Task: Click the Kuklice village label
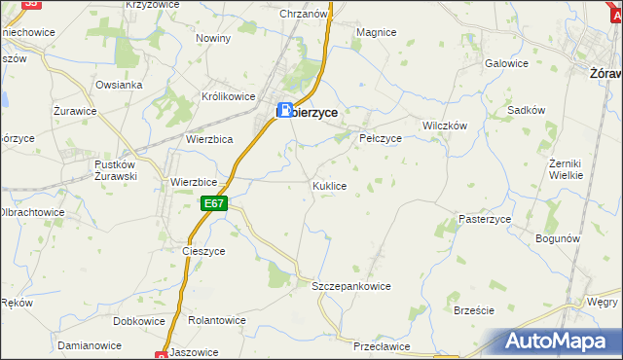[329, 185]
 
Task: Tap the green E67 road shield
[215, 203]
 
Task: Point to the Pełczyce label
[381, 138]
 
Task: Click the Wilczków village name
[445, 126]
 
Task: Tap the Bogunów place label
[558, 238]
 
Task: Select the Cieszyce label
[203, 250]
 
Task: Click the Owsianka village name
[120, 85]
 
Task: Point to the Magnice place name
[376, 32]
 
